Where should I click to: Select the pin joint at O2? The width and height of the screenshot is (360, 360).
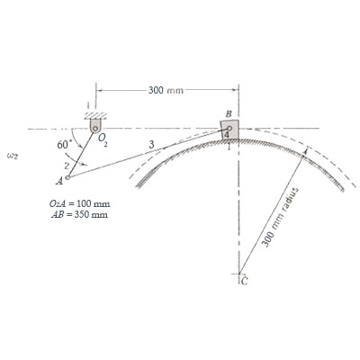pyautogui.click(x=94, y=129)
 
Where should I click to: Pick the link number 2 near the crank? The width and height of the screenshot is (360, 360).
pyautogui.click(x=67, y=166)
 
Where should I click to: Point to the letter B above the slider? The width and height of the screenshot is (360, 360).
pyautogui.click(x=229, y=112)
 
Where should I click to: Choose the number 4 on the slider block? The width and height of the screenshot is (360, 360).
pyautogui.click(x=228, y=135)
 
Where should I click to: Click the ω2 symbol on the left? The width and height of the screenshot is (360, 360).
pyautogui.click(x=13, y=155)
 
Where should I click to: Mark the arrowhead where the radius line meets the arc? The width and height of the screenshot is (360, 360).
pyautogui.click(x=304, y=155)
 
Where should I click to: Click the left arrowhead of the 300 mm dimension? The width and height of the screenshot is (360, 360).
pyautogui.click(x=98, y=90)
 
